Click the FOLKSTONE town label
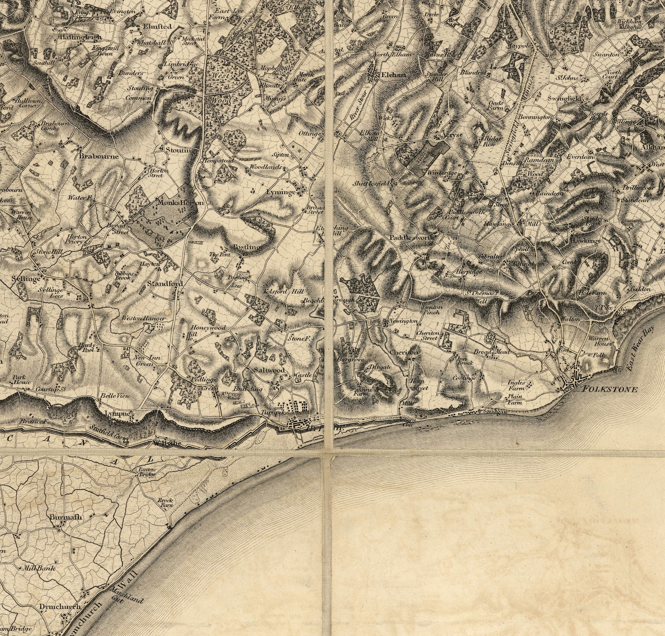coord(610,389)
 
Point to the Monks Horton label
coord(180,203)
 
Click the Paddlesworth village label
coord(412,238)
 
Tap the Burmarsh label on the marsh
coord(66,517)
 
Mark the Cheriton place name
coord(403,353)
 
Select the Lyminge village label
coord(280,192)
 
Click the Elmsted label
coord(157,26)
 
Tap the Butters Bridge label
coord(147,472)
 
